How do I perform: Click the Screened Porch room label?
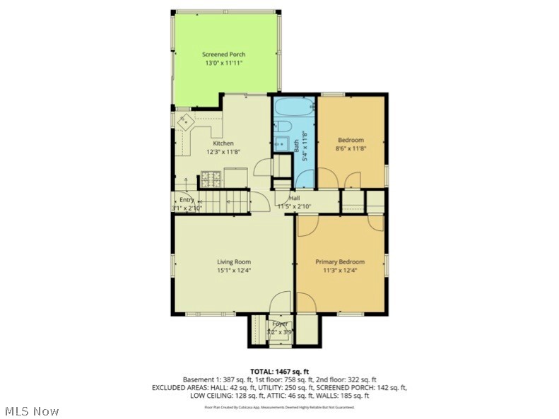[223, 54]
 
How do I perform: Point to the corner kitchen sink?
[187, 121]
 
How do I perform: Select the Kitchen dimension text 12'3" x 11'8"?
[223, 151]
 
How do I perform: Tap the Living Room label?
[233, 262]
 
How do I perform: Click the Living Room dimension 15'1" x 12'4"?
[233, 270]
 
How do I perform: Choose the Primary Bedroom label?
[339, 262]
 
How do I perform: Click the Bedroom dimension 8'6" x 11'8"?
[351, 148]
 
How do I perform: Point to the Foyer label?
[281, 324]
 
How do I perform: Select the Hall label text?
[293, 198]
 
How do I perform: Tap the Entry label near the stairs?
[186, 200]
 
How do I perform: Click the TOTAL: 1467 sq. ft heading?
[279, 371]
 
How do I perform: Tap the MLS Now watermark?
[31, 410]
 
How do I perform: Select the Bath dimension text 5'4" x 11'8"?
[305, 146]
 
